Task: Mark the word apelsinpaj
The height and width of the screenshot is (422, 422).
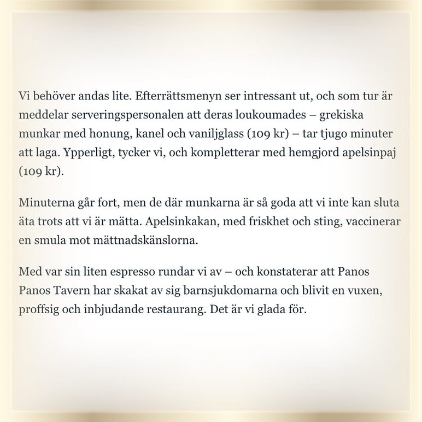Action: coord(368,153)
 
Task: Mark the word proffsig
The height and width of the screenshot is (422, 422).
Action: coord(39,309)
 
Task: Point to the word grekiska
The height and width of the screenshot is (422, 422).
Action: coord(341,115)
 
